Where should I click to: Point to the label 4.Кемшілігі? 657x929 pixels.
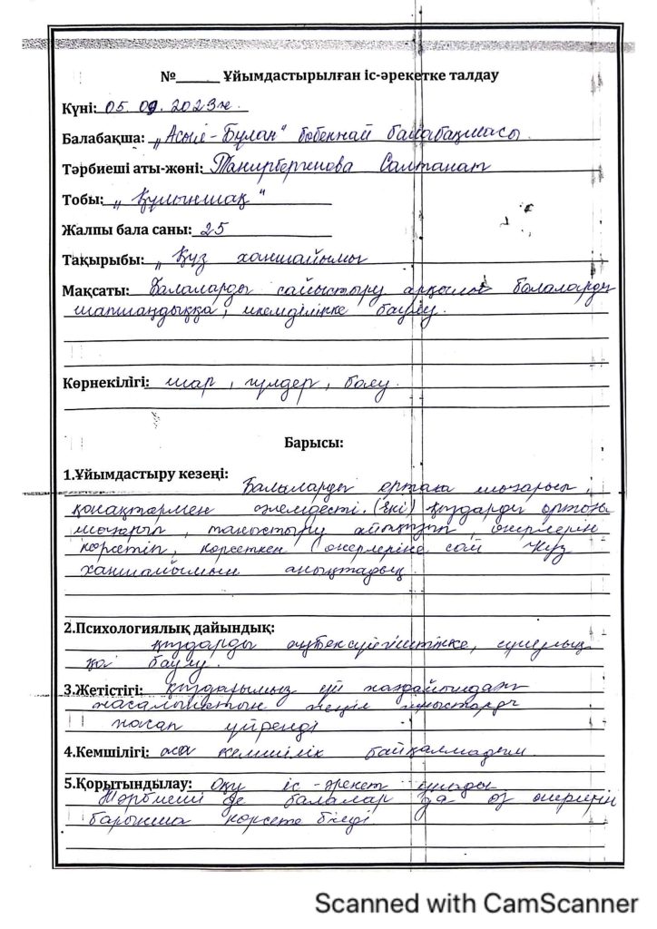(x=103, y=752)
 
